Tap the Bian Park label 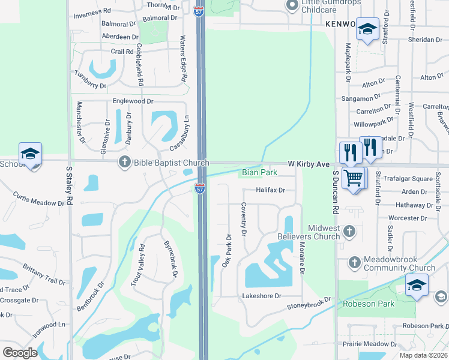pos(259,173)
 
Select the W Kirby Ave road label pos(309,163)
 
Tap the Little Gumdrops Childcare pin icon pos(292,6)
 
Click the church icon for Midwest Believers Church pos(349,229)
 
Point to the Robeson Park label pos(369,304)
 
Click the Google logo pos(20,353)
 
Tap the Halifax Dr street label pos(270,190)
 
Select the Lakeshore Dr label pos(262,296)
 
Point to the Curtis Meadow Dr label pos(39,199)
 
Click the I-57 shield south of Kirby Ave pos(200,189)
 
